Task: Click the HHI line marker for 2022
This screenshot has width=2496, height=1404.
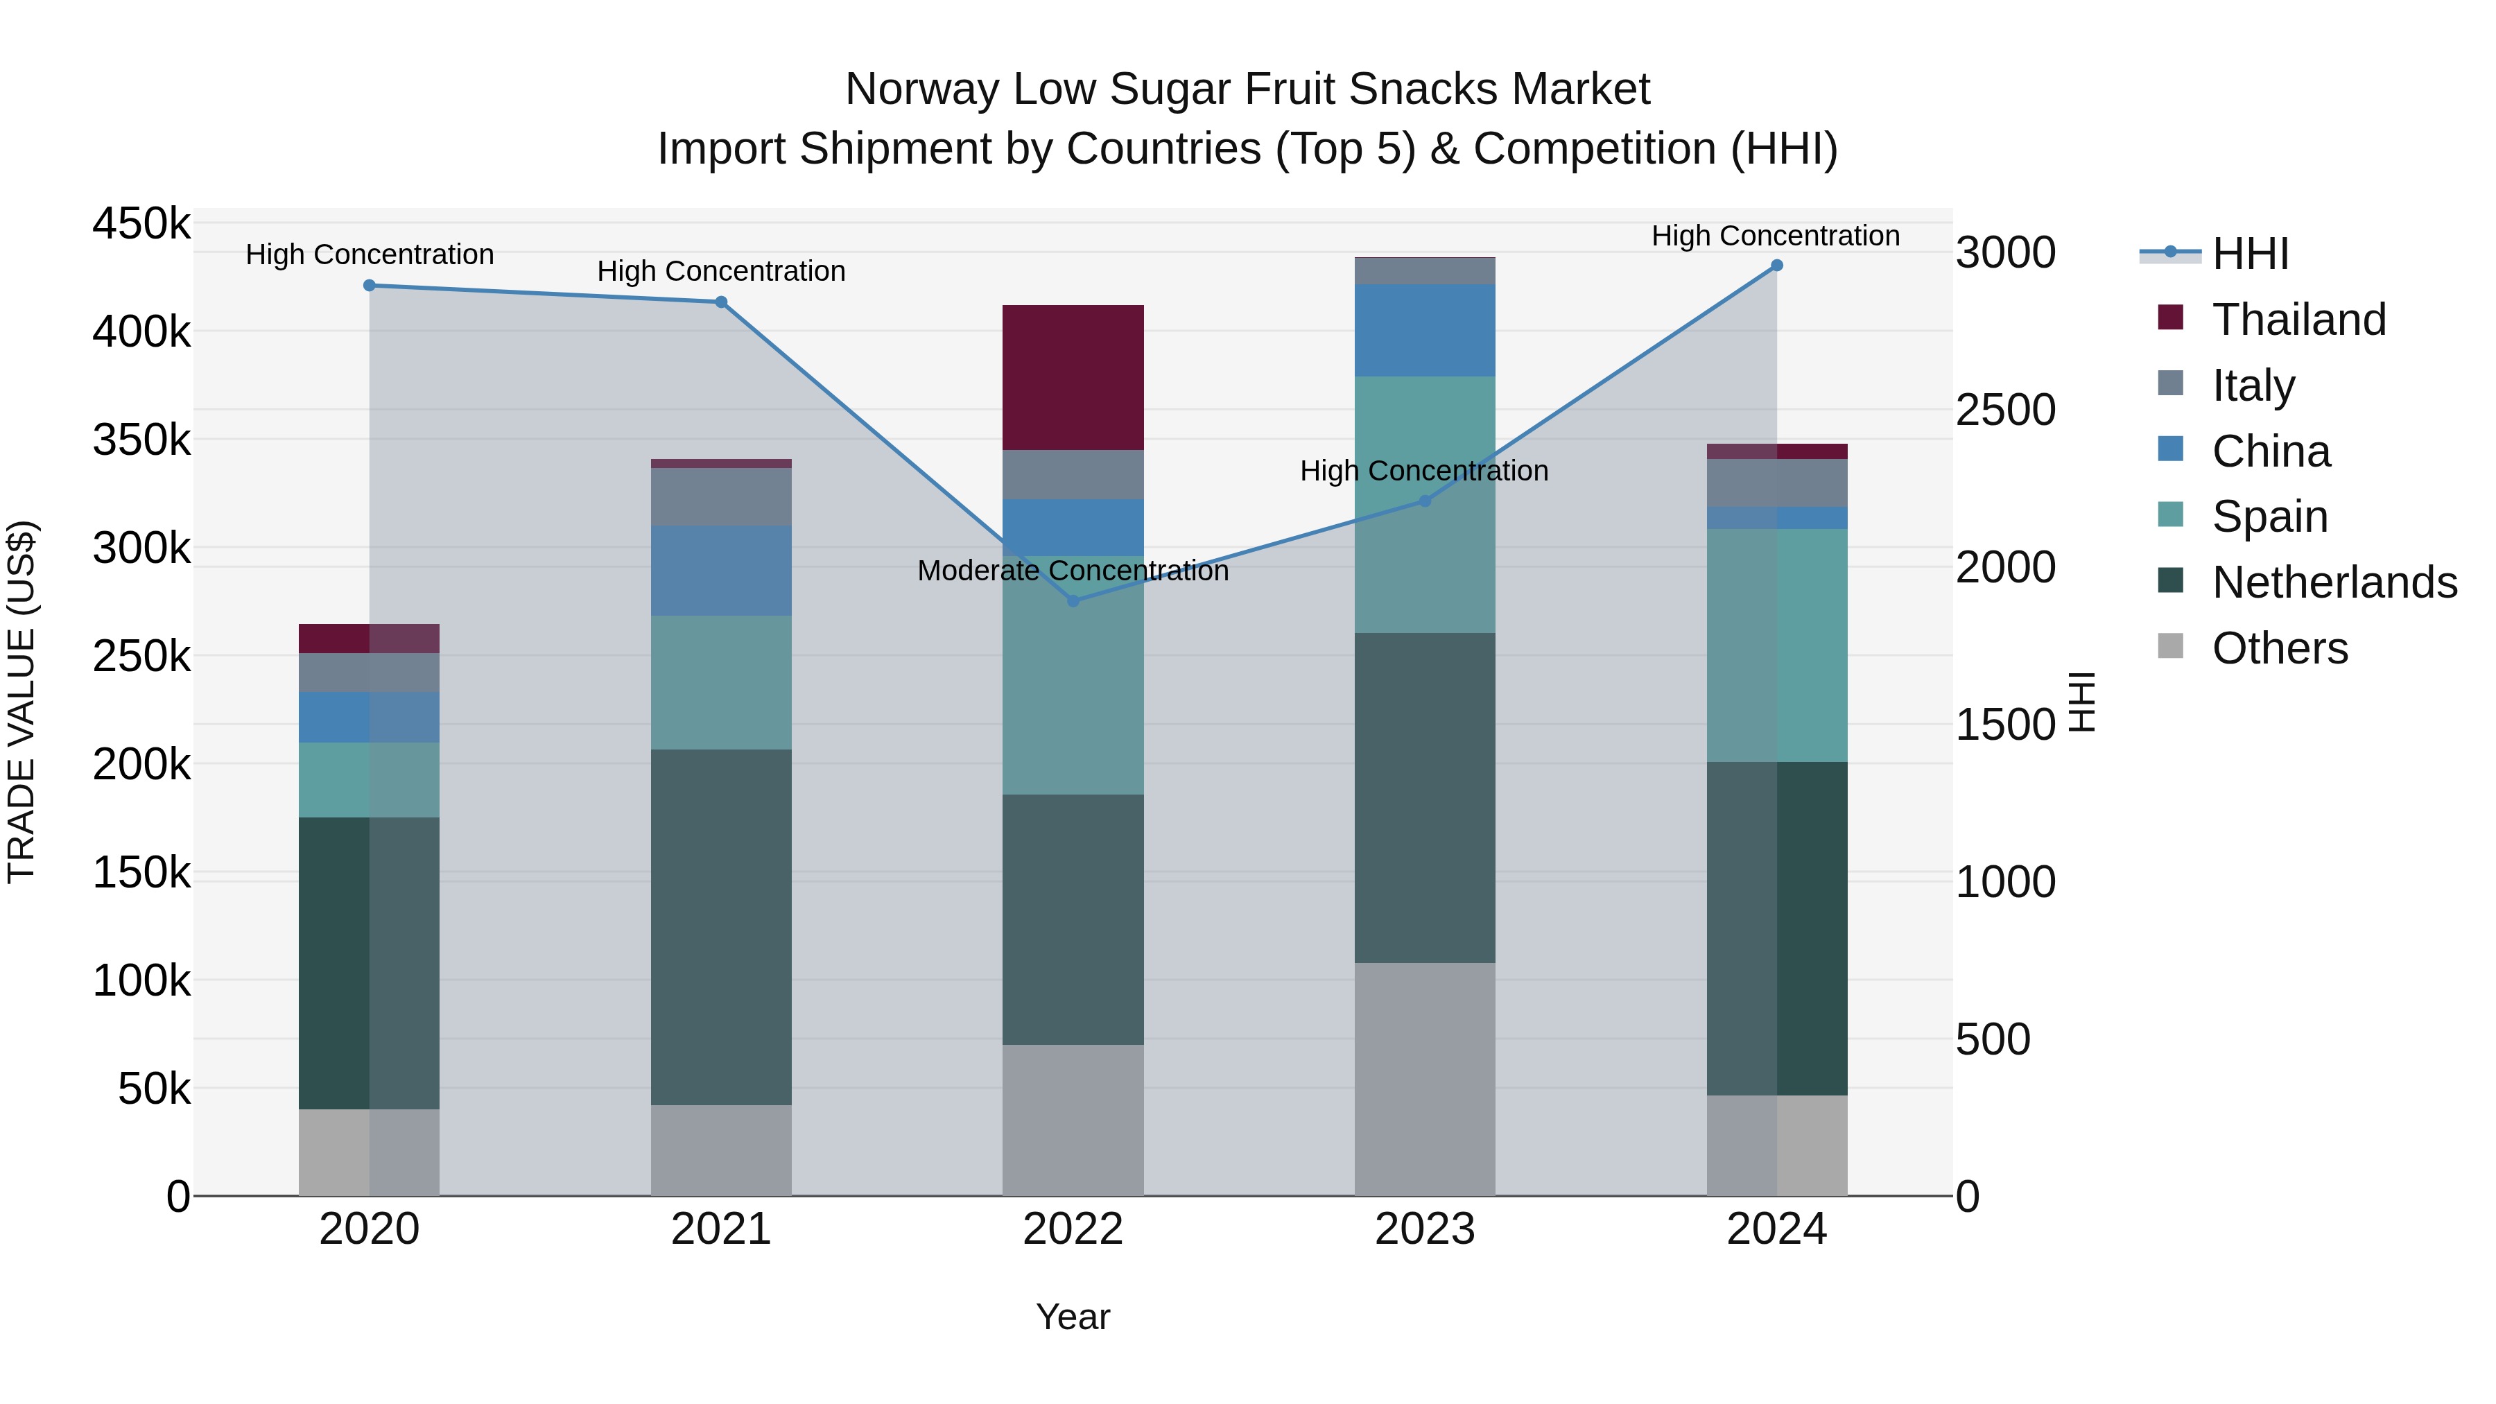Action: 1073,600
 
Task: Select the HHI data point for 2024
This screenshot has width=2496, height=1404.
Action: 1776,266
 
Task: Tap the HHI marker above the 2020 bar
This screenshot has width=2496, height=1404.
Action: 369,286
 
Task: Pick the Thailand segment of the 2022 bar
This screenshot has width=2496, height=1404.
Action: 1073,377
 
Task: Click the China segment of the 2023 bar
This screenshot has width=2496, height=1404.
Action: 1424,329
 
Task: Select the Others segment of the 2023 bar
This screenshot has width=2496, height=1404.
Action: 1424,1077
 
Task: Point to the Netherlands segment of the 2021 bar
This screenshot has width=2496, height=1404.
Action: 721,926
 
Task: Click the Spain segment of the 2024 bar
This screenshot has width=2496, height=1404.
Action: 1776,645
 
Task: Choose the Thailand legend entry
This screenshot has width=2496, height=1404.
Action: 2298,320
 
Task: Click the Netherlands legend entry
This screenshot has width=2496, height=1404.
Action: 2333,582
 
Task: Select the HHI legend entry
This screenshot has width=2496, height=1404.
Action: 2250,254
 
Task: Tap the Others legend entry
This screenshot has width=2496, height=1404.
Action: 2279,648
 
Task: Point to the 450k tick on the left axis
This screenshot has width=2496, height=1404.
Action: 141,224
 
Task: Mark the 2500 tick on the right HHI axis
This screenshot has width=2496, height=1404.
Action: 2004,410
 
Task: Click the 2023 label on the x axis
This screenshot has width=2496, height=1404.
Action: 1424,1229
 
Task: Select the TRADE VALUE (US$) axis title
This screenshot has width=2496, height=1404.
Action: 22,702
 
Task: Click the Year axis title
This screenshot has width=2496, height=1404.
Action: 1073,1317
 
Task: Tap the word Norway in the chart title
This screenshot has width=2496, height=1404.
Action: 921,89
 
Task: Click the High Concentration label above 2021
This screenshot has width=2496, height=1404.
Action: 721,271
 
